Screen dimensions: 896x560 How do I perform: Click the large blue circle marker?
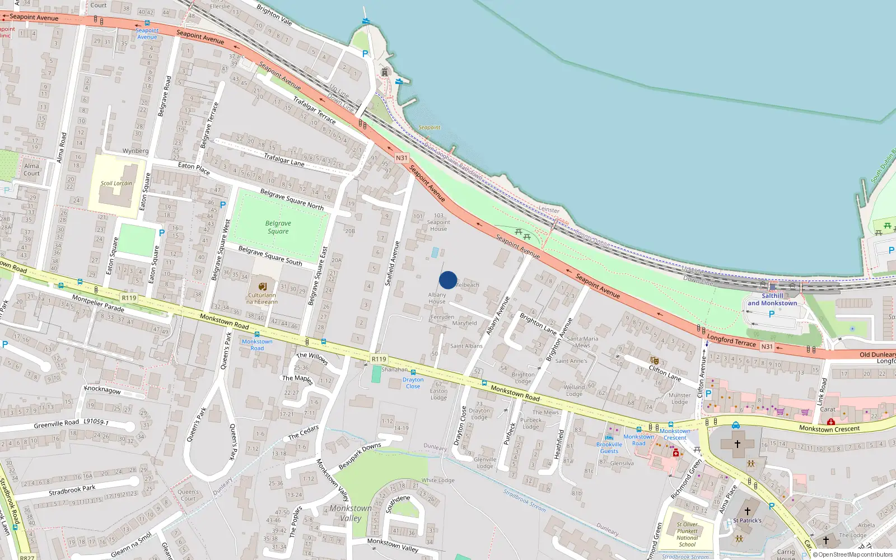point(448,280)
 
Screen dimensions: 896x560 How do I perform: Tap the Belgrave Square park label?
point(278,227)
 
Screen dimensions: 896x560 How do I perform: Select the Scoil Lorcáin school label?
point(116,183)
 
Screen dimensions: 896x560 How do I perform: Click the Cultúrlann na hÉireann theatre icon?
point(262,286)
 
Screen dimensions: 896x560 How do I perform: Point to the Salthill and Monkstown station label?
point(772,300)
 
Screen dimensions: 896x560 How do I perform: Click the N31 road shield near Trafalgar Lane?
point(402,158)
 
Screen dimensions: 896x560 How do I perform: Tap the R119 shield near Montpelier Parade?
point(129,298)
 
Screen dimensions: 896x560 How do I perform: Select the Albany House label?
point(437,298)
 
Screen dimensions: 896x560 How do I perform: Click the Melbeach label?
point(468,285)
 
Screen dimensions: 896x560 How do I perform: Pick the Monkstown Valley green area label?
point(351,513)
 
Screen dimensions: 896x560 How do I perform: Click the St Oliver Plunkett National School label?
point(687,534)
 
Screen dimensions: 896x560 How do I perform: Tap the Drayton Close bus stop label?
point(413,383)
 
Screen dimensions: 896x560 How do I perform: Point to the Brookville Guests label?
point(609,447)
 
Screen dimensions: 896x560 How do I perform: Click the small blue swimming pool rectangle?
point(435,253)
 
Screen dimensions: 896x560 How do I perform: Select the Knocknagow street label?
point(102,389)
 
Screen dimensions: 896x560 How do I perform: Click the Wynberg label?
point(136,151)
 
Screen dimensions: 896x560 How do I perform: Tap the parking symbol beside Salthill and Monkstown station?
point(772,314)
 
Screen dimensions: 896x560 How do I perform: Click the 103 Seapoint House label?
point(438,222)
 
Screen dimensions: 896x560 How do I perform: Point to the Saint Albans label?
point(466,346)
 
